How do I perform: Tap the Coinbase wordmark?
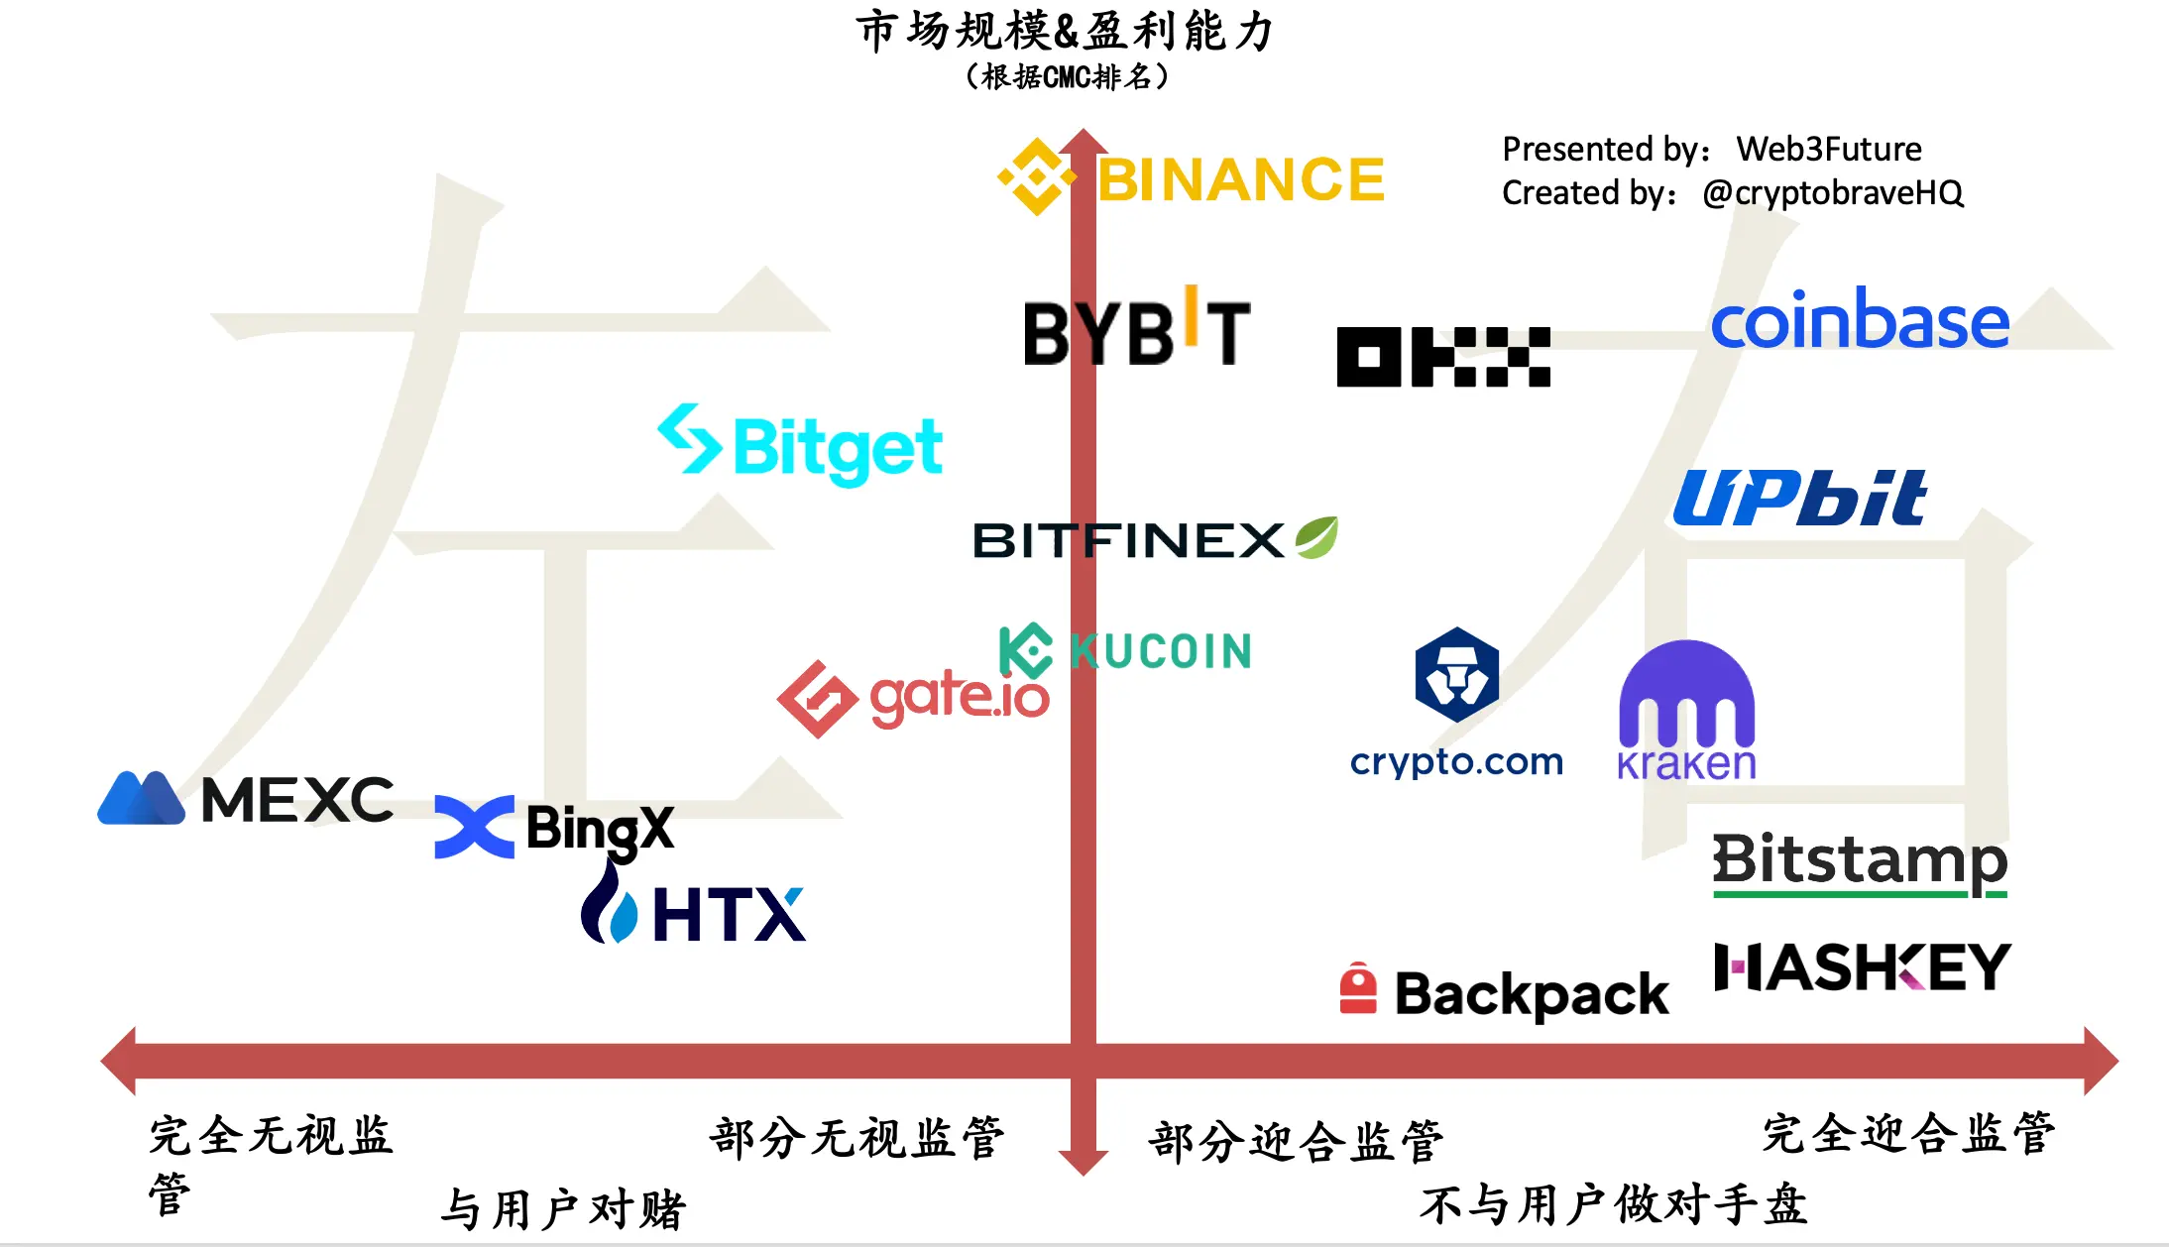(x=1860, y=321)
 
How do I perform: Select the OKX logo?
(x=1443, y=357)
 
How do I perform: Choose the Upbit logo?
(x=1800, y=498)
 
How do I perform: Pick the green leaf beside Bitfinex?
(x=1316, y=537)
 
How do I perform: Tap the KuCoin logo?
(x=1126, y=651)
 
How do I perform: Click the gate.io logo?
(x=913, y=698)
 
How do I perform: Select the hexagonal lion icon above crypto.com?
(x=1456, y=674)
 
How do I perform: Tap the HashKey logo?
(x=1862, y=967)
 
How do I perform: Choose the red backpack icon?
(x=1358, y=989)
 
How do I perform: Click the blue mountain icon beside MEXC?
(x=141, y=799)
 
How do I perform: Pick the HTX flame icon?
(x=608, y=904)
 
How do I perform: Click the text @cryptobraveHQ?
(x=1832, y=192)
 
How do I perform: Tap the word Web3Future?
(x=1829, y=149)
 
